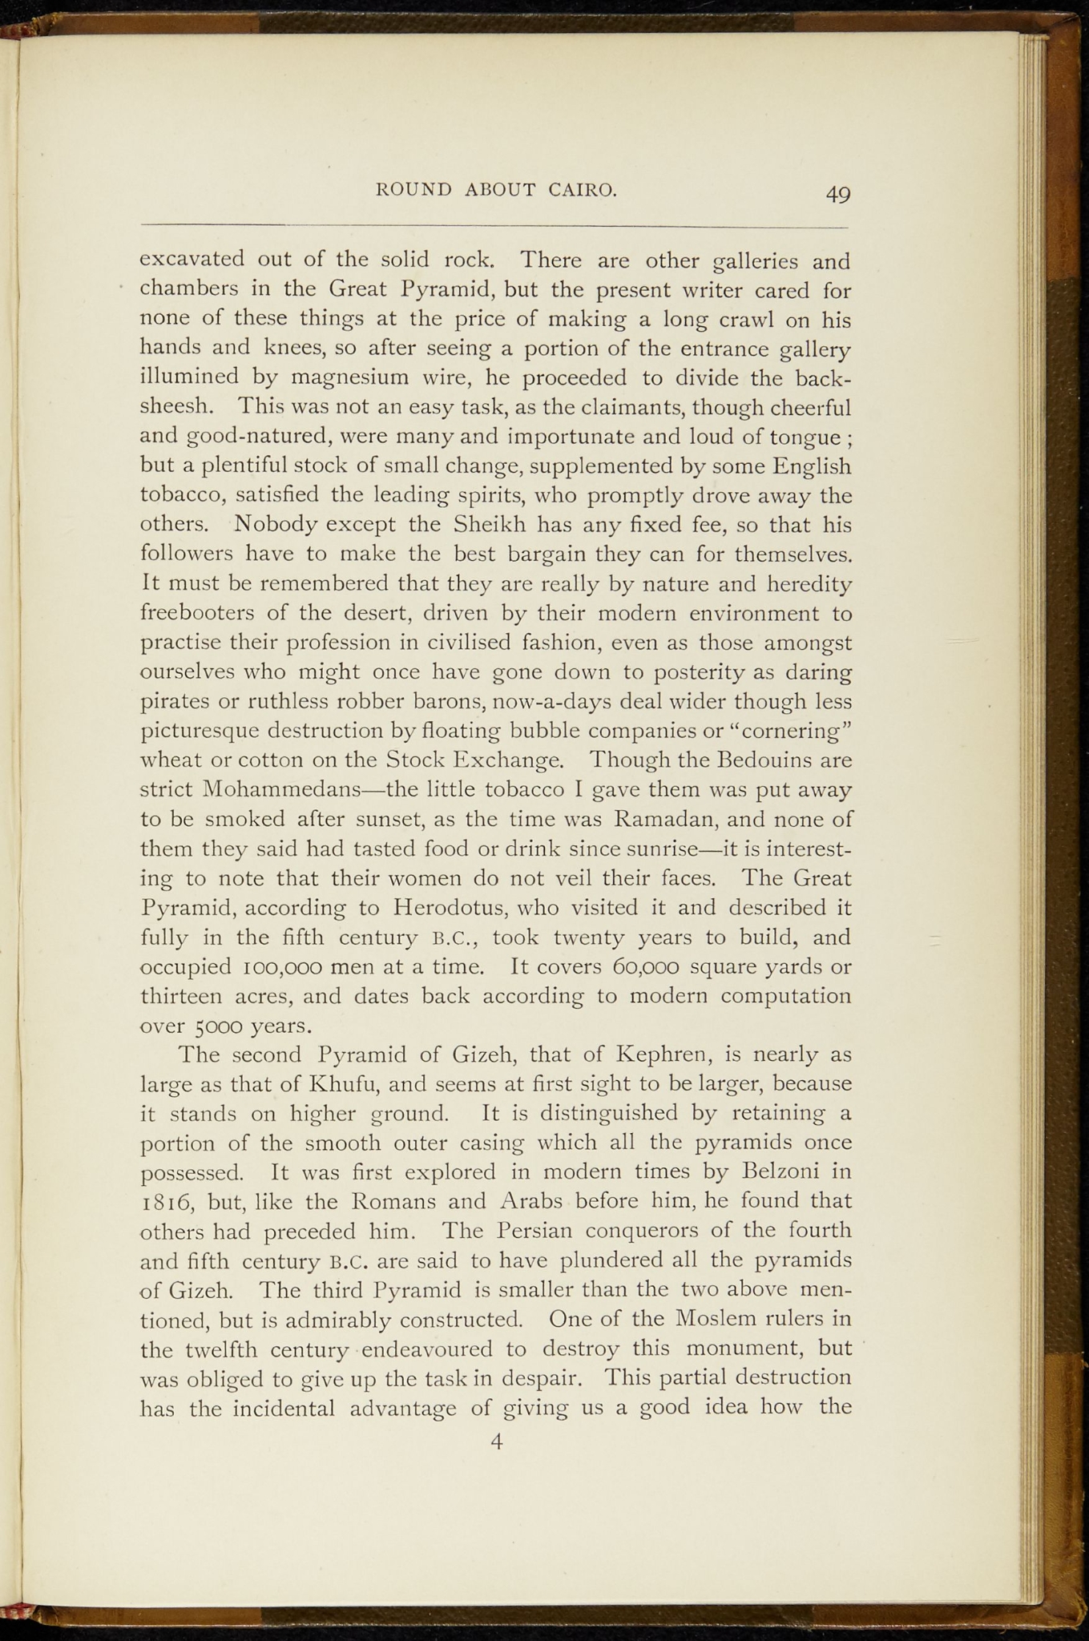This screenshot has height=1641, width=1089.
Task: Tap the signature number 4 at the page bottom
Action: click(497, 1442)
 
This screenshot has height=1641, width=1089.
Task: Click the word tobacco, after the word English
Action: click(180, 497)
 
